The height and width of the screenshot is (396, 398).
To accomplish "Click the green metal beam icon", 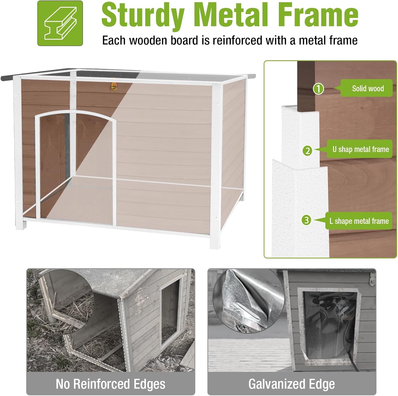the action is click(60, 23).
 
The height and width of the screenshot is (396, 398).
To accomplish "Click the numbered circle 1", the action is click(318, 89).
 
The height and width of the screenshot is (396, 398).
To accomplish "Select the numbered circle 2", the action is click(308, 151).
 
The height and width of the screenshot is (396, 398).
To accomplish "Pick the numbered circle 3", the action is click(307, 220).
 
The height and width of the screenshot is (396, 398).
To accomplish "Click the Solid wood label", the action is click(367, 88).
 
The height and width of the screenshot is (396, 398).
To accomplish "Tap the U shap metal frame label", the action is click(360, 149).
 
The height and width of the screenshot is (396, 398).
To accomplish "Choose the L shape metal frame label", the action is click(359, 221).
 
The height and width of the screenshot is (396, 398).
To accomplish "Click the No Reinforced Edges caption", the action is click(110, 384).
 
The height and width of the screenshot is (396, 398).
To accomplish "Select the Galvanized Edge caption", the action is click(292, 384).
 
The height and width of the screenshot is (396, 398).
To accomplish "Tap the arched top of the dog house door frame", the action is click(76, 113).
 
